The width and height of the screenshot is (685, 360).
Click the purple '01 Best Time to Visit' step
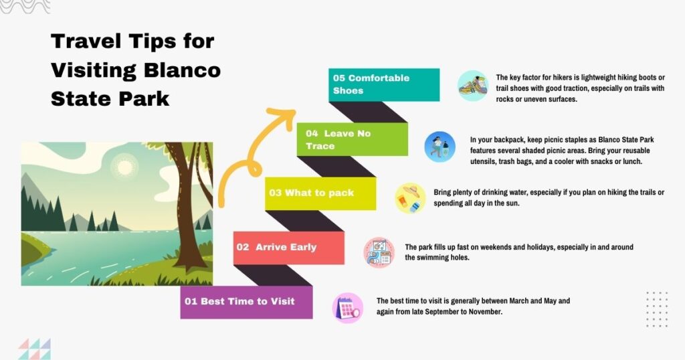[246, 302]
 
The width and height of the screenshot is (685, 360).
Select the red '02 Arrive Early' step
[288, 247]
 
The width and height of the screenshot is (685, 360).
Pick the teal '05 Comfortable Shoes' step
[383, 84]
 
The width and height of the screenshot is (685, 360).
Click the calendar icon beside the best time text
[348, 308]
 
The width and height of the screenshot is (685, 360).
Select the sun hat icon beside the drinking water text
[410, 198]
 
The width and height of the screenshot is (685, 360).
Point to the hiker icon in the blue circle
[439, 147]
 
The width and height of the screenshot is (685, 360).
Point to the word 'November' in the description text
[482, 312]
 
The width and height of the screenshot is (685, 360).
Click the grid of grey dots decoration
[657, 308]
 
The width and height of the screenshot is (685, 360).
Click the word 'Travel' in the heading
[87, 41]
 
